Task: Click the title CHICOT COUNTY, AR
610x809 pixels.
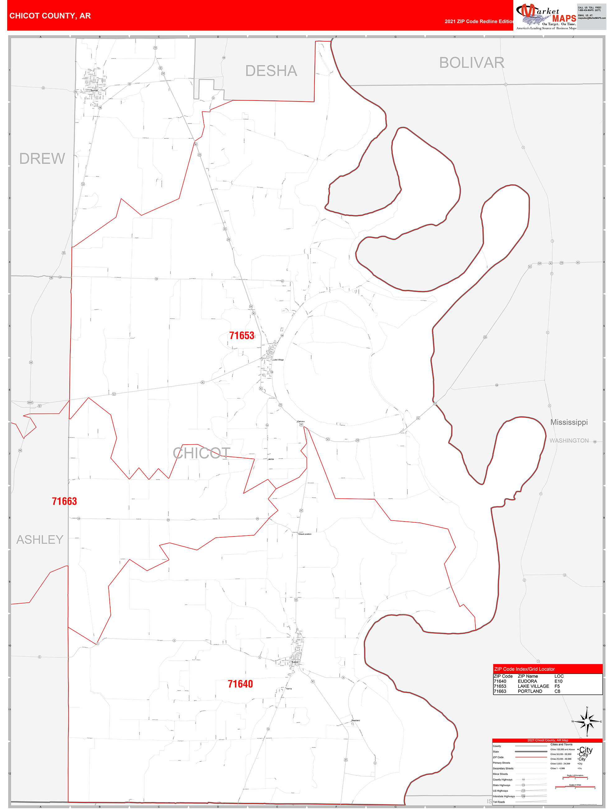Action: tap(50, 16)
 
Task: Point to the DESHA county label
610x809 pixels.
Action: tap(271, 71)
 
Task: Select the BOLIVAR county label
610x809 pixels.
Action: tap(471, 63)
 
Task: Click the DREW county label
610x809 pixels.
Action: tap(42, 159)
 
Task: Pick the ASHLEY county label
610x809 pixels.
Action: tap(40, 540)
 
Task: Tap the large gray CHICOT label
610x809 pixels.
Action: tap(202, 453)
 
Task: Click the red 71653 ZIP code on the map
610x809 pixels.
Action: tap(241, 335)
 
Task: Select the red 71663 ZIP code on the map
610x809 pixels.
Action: tap(64, 501)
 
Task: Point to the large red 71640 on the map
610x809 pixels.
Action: tap(240, 684)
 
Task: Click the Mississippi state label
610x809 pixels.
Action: tap(569, 423)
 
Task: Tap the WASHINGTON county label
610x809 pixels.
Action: tap(569, 441)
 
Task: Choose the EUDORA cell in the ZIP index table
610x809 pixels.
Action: tap(527, 681)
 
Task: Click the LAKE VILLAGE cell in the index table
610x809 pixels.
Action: tap(533, 686)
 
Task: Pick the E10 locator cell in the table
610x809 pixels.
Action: tap(558, 681)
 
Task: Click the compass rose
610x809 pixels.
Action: tap(587, 722)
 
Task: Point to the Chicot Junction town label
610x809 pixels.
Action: tap(305, 534)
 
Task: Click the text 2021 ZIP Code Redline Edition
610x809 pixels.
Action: tap(479, 21)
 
